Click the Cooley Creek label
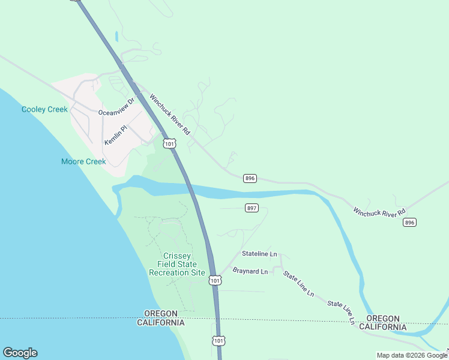click(44, 109)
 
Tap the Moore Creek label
click(83, 161)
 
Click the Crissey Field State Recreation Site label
click(177, 264)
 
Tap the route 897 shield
click(252, 208)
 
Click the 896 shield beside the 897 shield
click(250, 178)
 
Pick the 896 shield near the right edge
click(409, 222)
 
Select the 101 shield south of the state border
click(218, 340)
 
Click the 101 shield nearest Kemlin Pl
click(170, 143)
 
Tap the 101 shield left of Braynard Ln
click(215, 280)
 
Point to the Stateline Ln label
click(259, 254)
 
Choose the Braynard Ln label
click(250, 271)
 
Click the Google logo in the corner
click(20, 353)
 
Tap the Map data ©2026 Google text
click(412, 355)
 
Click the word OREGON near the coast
click(160, 314)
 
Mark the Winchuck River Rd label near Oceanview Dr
click(169, 114)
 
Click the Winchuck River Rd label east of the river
click(379, 212)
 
